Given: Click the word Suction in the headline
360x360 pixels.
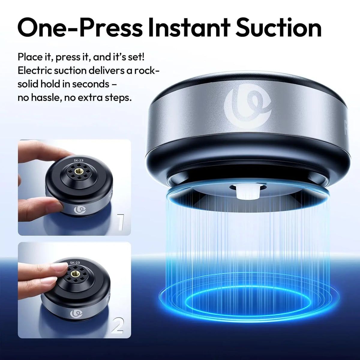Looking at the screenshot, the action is (x=279, y=28).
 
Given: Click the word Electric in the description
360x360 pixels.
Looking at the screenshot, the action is (x=33, y=70).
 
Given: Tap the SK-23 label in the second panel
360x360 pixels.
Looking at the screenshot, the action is (x=75, y=262).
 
